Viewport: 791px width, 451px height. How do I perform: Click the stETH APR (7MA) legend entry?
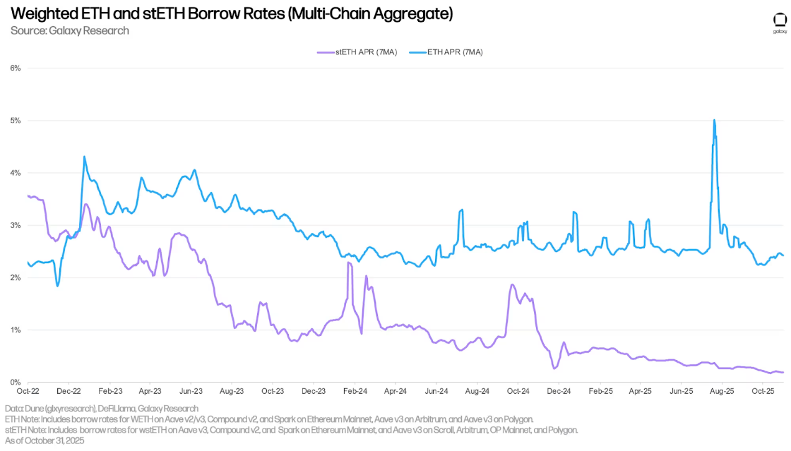click(357, 52)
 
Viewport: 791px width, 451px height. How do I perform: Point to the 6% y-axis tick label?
click(14, 68)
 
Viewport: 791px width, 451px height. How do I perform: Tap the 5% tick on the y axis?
click(14, 120)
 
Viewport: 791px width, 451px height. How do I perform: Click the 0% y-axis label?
click(14, 382)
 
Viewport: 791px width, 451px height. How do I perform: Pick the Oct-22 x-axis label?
click(27, 391)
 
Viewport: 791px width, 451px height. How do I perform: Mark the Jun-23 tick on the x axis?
click(190, 391)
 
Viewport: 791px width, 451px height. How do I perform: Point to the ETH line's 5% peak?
click(714, 120)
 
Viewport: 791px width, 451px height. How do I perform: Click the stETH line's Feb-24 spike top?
click(349, 263)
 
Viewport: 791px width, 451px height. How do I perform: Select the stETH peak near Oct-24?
click(512, 285)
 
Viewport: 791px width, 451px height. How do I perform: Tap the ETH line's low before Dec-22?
click(57, 286)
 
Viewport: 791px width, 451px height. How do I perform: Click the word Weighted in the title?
click(38, 13)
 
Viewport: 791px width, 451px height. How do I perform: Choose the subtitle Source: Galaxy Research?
click(70, 30)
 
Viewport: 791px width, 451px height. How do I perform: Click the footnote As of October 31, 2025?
click(44, 440)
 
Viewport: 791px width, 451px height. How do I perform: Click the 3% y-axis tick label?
click(14, 225)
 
